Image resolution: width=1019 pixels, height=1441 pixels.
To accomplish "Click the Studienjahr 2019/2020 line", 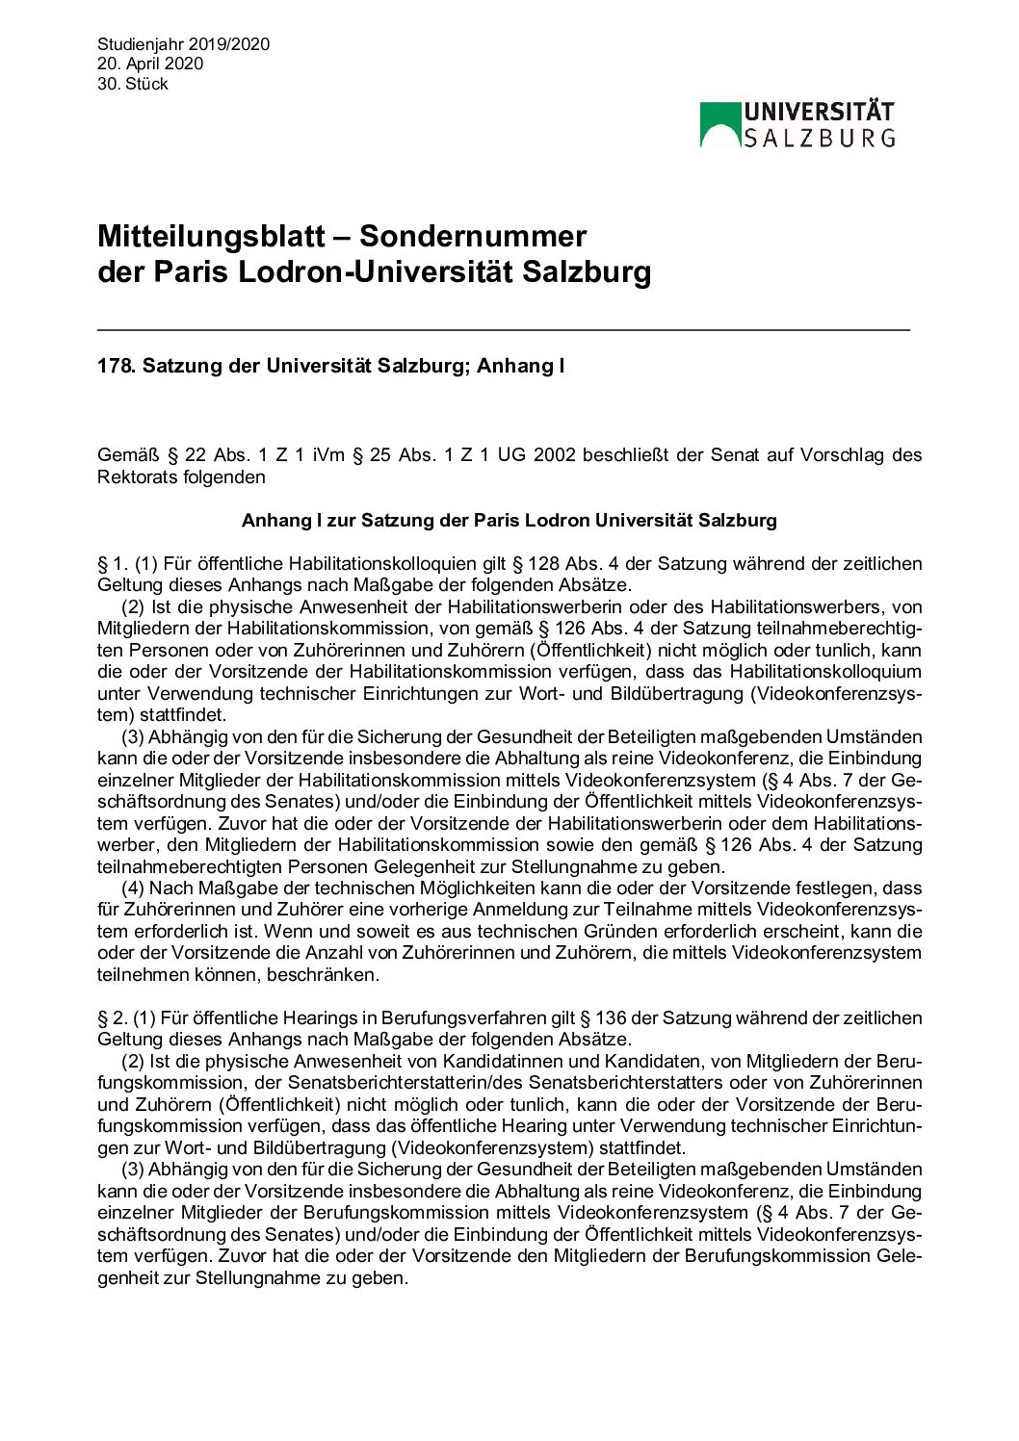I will [183, 44].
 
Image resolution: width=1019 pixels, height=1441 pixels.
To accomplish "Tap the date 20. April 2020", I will [150, 64].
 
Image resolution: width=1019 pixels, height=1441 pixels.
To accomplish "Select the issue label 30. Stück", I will [133, 84].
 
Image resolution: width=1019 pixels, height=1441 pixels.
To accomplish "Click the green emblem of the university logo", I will [719, 125].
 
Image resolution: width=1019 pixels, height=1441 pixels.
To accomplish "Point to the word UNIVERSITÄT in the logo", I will [819, 113].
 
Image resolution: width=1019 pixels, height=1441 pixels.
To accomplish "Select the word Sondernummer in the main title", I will [473, 237].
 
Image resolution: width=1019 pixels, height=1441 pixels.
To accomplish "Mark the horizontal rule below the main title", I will [504, 330].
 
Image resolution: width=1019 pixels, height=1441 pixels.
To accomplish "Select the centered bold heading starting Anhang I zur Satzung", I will [509, 521].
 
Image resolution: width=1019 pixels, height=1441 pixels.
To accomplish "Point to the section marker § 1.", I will [112, 564].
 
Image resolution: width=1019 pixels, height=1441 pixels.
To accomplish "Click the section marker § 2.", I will [112, 1018].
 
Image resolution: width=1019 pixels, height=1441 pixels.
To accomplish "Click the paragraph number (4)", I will [133, 888].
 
